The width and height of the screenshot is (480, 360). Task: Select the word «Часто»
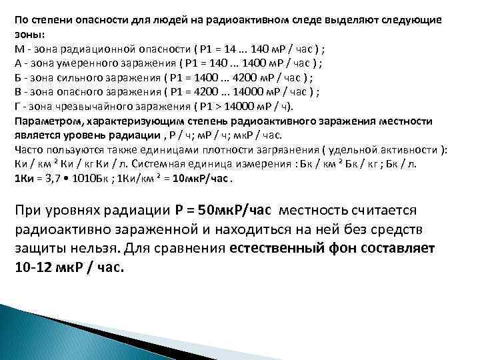click(27, 149)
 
